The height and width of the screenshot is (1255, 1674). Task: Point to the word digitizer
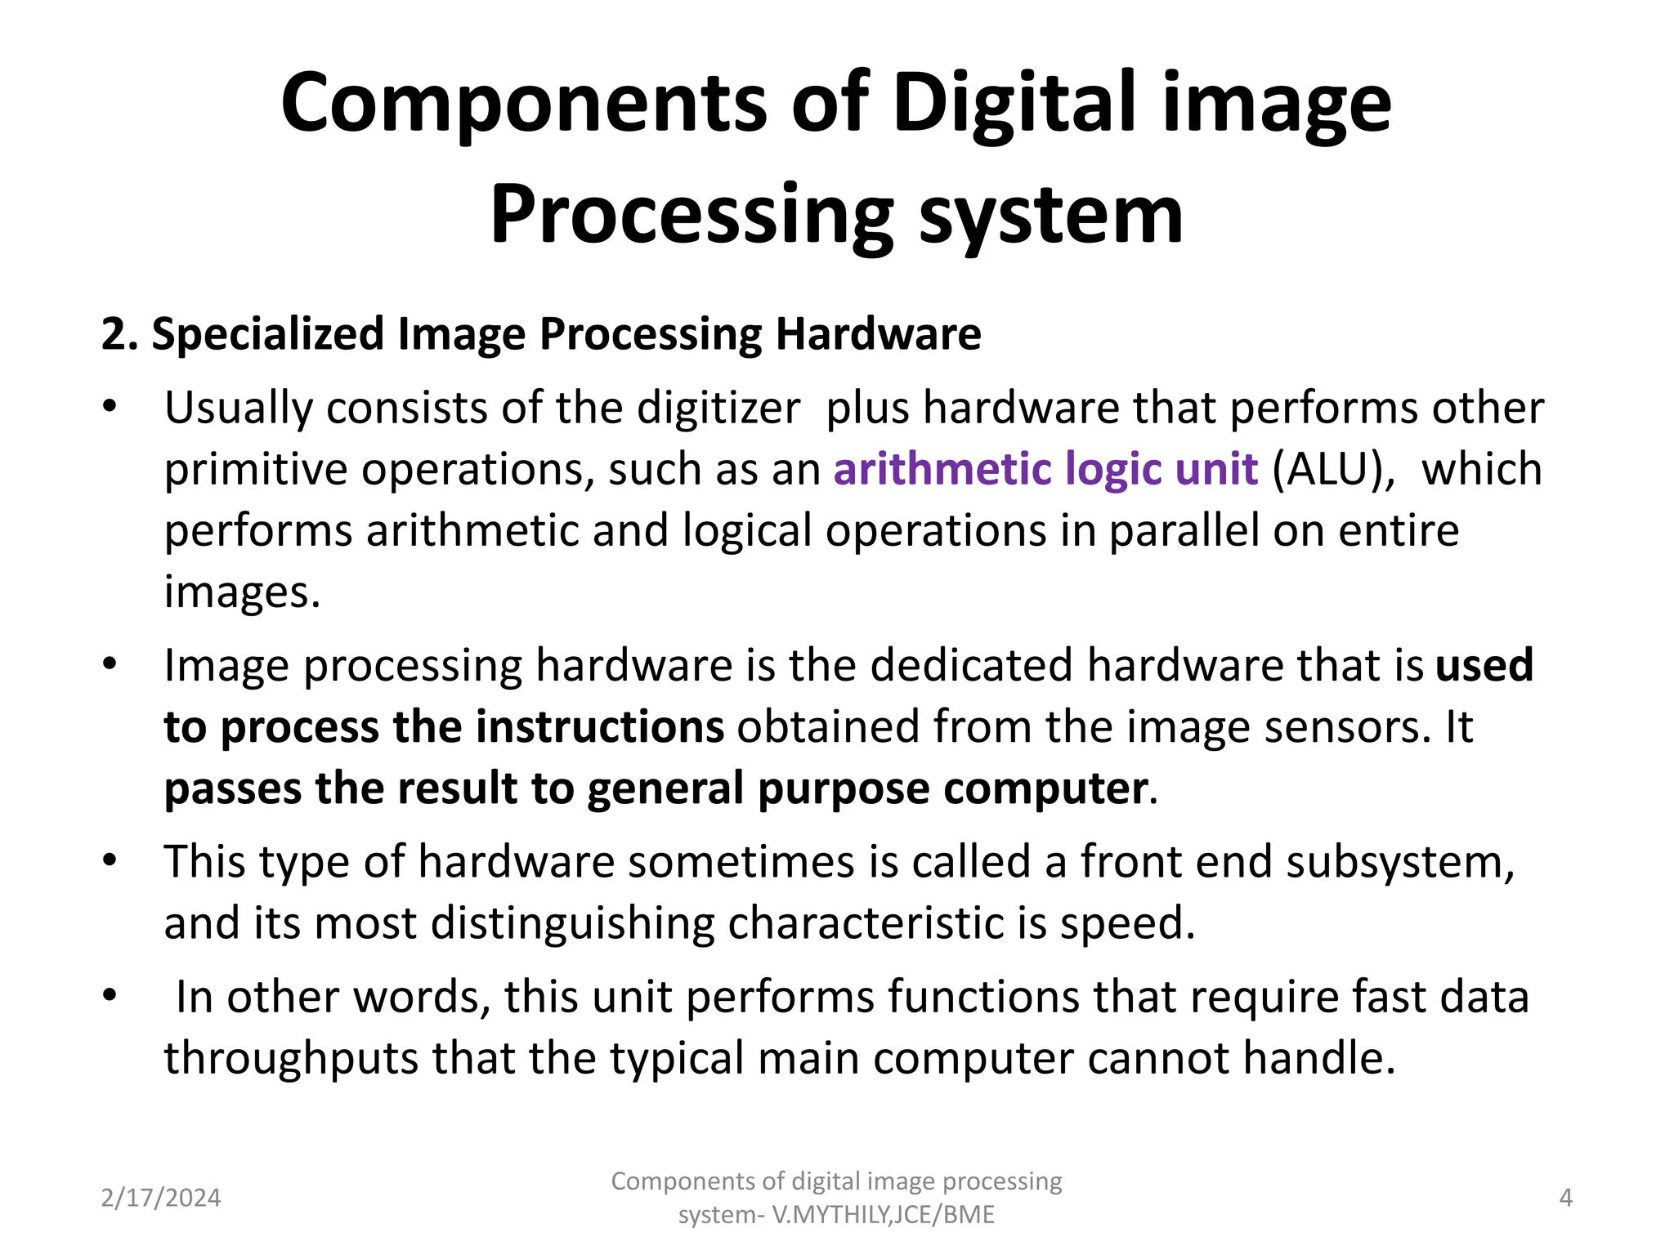point(718,408)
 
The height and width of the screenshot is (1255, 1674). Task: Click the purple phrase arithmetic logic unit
point(1045,470)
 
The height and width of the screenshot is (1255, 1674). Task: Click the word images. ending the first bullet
point(242,592)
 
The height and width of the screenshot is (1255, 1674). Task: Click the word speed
point(1127,923)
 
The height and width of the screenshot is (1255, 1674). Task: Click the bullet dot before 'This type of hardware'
point(110,861)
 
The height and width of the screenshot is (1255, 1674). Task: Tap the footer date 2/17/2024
point(161,1199)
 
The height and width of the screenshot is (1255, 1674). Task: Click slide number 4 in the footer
point(1565,1199)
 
